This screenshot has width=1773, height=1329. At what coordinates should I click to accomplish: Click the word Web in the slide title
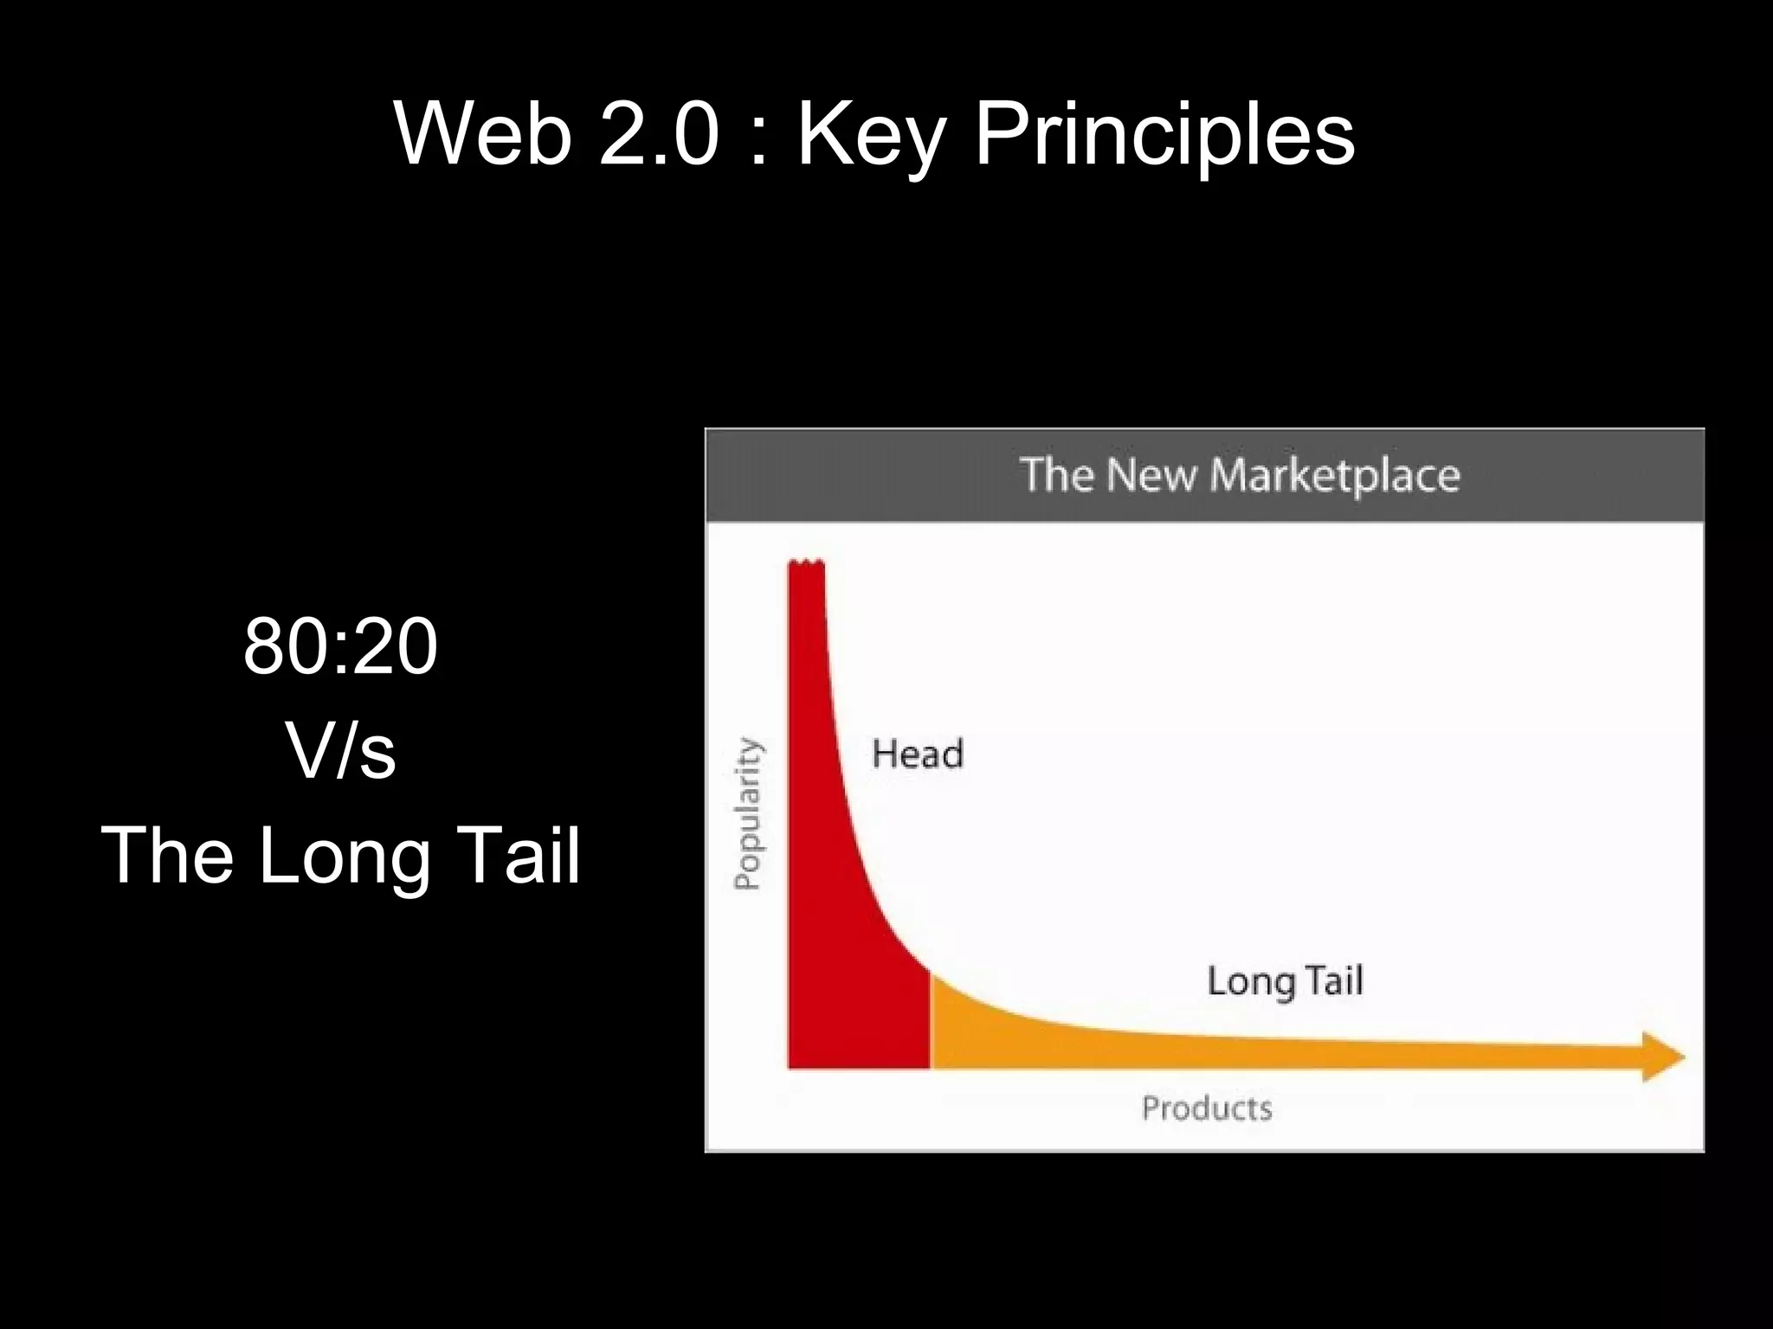coord(483,134)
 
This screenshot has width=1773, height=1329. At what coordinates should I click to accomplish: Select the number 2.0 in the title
coord(659,134)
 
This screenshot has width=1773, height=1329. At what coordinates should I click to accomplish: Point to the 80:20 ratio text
coord(340,646)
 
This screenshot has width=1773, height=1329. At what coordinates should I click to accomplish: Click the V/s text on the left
coord(340,751)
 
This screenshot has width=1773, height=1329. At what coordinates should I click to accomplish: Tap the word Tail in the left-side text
coord(517,855)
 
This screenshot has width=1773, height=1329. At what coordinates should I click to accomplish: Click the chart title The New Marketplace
coord(1239,475)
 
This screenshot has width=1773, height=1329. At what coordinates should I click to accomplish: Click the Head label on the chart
coord(917,754)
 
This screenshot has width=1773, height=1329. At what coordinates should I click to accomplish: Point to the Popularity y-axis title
coord(748,813)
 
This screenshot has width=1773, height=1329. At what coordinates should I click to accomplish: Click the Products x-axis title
coord(1207,1108)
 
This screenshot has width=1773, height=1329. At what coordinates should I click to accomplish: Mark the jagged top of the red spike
coord(806,565)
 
